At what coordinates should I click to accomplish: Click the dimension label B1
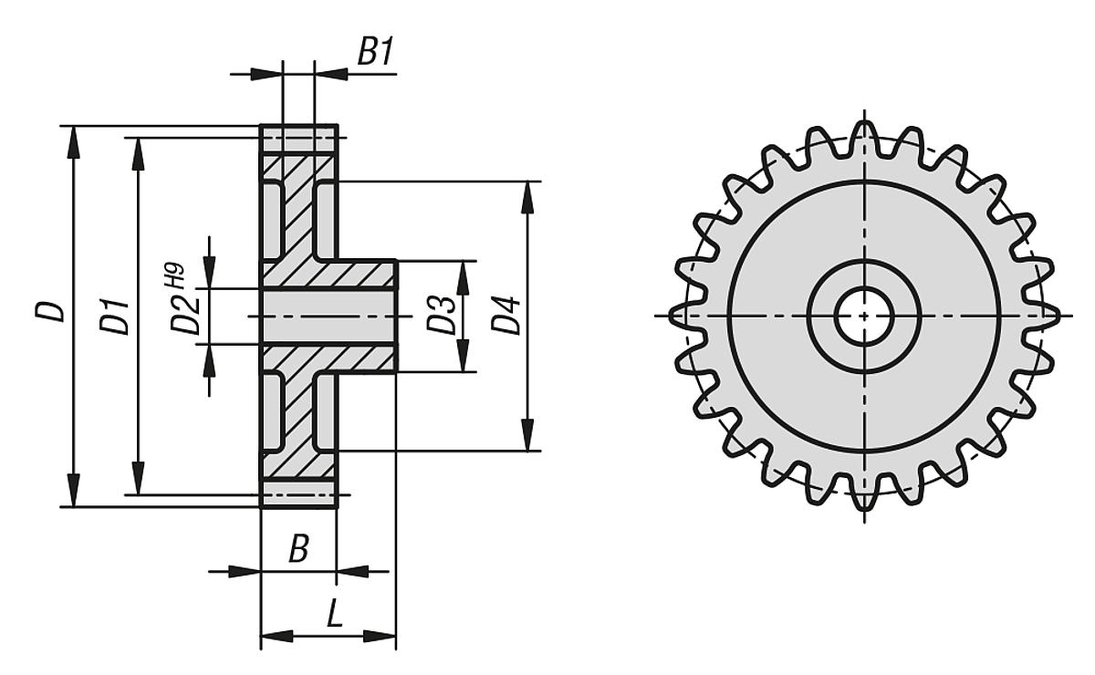pos(374,53)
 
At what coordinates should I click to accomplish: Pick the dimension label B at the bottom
pos(298,549)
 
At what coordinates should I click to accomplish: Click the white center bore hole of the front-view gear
pos(863,316)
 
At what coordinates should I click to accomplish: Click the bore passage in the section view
pos(328,316)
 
